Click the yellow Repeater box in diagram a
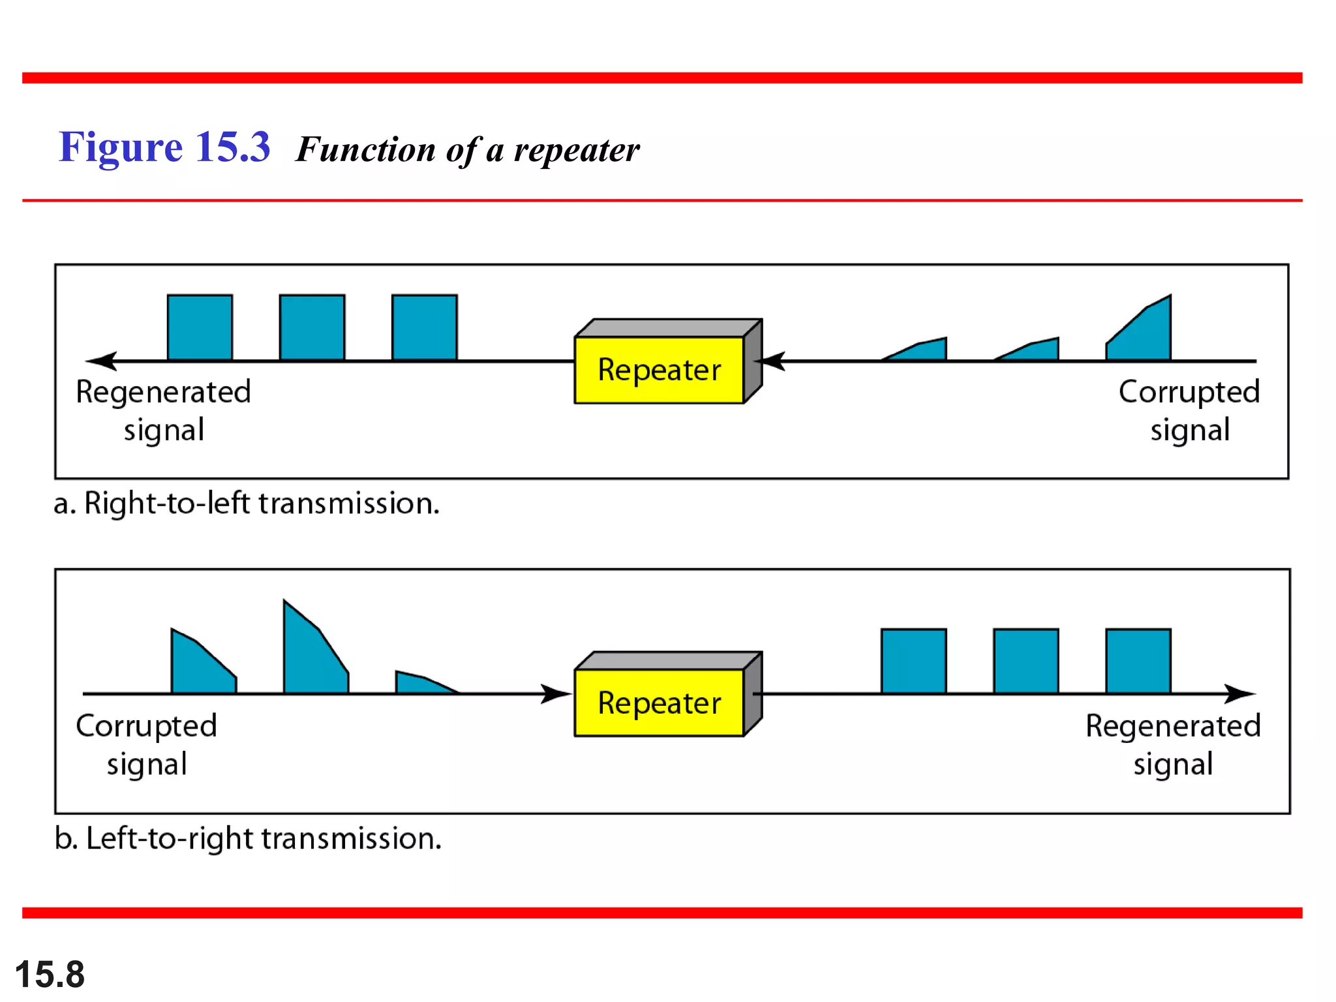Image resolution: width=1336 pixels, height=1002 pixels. coord(659,370)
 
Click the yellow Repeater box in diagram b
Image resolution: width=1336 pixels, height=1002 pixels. coord(659,703)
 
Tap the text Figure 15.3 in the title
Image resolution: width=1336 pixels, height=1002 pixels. coord(164,147)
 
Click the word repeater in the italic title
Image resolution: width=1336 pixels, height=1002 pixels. coord(577,150)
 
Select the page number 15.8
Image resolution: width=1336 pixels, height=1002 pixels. coord(50,975)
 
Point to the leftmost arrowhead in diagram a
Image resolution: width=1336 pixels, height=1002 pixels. coord(101,361)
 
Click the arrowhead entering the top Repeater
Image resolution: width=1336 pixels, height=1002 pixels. coord(773,361)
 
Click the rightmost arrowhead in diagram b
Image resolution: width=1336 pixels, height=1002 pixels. coord(1239,693)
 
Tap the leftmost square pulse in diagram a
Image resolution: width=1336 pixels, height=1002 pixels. coord(200,327)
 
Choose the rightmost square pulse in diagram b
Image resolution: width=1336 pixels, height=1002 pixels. coord(1138,661)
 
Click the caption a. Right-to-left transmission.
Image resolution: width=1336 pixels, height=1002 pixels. coord(247,504)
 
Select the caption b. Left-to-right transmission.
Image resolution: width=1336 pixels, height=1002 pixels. coord(248,838)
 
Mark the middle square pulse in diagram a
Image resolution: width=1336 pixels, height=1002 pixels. coord(312,327)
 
